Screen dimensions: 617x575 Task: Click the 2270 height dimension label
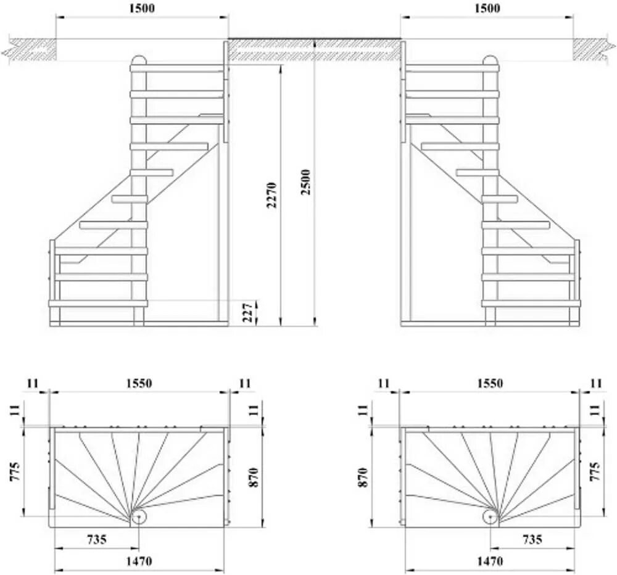click(272, 194)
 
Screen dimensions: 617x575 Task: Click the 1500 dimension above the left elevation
click(141, 8)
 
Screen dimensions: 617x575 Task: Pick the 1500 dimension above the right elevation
click(487, 8)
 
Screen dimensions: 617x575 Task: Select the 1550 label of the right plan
click(489, 383)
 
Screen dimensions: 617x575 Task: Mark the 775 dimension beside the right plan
click(596, 474)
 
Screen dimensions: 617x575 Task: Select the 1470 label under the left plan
click(138, 561)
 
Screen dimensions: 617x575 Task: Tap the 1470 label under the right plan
click(489, 561)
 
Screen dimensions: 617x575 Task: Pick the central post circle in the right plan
click(491, 517)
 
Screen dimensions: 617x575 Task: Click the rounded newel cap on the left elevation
click(139, 60)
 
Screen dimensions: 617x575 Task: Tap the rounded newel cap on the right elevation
click(490, 60)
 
